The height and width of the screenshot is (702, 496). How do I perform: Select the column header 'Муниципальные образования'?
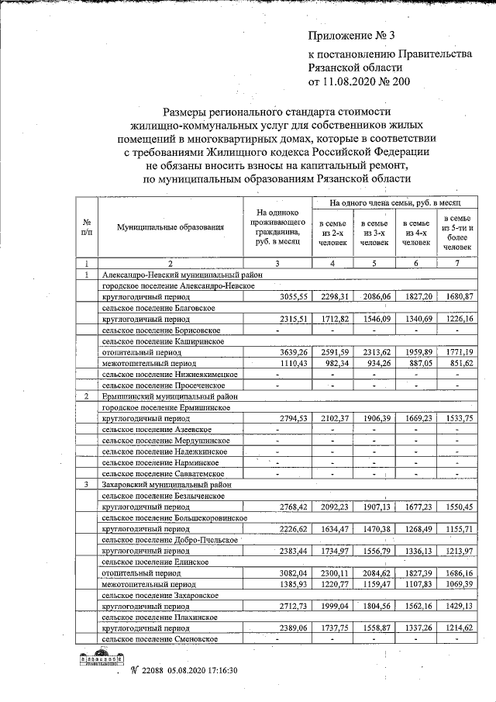click(x=170, y=227)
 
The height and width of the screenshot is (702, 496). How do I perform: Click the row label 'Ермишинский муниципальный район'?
click(x=166, y=396)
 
